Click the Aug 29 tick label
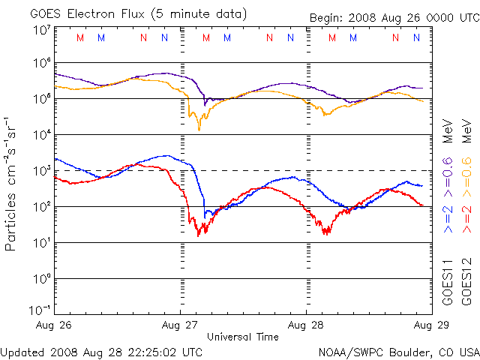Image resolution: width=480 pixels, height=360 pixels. click(430, 325)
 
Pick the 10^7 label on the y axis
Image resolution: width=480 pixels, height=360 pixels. click(40, 30)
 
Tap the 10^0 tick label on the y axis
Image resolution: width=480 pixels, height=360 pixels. click(40, 279)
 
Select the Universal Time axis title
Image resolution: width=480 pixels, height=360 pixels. click(243, 337)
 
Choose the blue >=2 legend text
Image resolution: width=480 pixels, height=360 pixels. click(448, 216)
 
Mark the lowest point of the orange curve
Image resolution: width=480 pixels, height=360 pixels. click(199, 130)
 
